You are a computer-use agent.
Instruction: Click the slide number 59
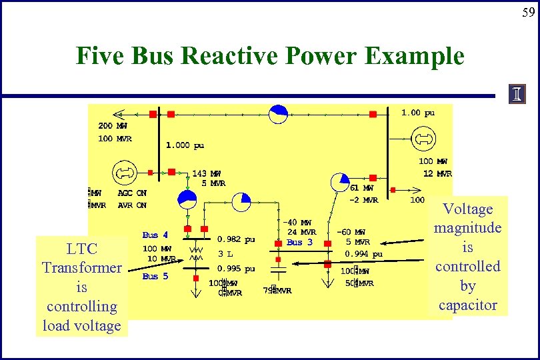point(527,12)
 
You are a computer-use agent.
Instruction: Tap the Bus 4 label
point(155,235)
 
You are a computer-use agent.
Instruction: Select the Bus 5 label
point(155,276)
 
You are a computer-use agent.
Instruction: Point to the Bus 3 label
point(299,243)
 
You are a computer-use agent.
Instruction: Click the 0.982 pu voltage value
point(237,239)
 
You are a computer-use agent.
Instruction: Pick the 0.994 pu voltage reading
point(363,254)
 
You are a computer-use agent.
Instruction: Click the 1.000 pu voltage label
point(185,145)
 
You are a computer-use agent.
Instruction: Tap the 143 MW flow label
point(207,173)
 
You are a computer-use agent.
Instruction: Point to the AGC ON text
point(132,193)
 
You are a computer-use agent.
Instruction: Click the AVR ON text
point(132,205)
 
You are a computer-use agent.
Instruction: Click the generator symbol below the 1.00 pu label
point(422,139)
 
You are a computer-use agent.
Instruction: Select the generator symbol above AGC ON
point(123,172)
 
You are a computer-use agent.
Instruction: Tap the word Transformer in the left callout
point(81,268)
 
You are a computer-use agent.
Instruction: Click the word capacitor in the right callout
point(467,305)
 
